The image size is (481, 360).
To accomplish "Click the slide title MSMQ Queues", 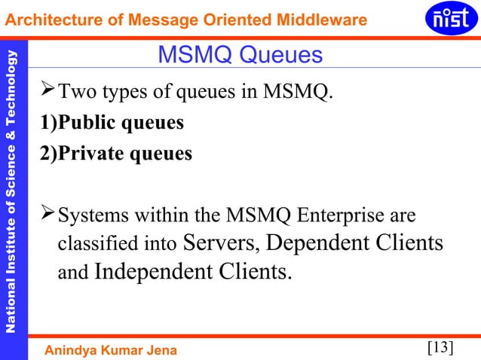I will click(x=240, y=55).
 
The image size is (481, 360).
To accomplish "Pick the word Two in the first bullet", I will click(x=75, y=94).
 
